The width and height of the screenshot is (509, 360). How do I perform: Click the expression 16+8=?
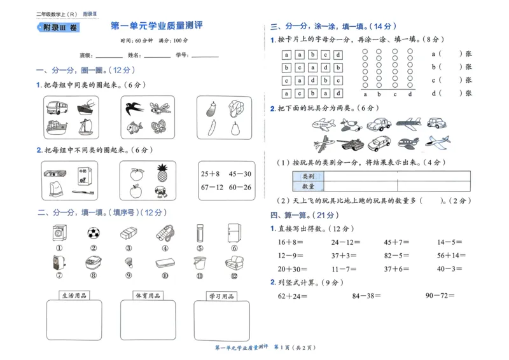289,242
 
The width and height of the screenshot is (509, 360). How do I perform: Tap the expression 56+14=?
450,256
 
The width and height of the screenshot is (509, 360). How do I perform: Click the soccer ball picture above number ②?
94,233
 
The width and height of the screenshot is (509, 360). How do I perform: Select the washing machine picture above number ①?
58,233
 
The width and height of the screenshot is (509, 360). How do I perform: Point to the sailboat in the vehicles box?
86,127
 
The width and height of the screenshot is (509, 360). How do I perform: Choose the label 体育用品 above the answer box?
148,296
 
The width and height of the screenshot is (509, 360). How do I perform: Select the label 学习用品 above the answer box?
221,296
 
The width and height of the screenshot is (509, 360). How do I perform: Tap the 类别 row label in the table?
308,176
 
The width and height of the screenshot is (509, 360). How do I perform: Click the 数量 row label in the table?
308,186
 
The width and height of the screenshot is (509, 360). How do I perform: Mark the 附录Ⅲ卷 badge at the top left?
59,28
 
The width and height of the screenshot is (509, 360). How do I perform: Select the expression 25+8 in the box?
211,174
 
